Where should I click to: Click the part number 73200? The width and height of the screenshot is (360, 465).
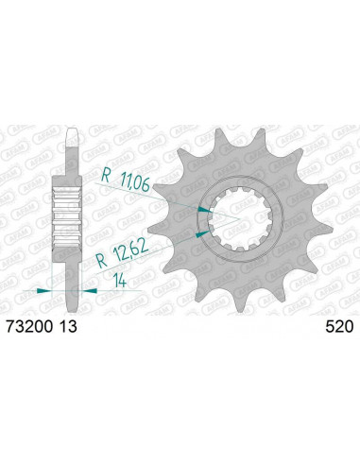click(28, 327)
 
